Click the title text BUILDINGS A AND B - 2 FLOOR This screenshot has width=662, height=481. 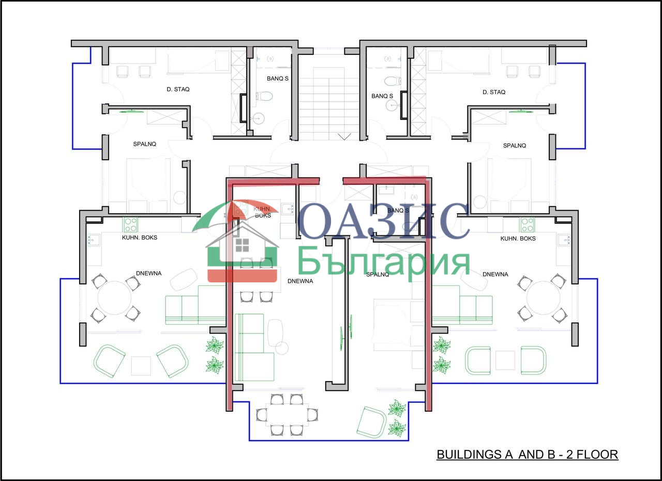tap(527, 455)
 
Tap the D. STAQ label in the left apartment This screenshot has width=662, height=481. tap(178, 89)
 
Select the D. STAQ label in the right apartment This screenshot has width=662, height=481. tap(494, 92)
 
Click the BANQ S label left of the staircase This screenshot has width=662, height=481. tap(278, 79)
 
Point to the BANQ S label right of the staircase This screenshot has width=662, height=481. tap(382, 96)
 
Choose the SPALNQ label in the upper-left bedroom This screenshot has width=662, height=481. tap(144, 144)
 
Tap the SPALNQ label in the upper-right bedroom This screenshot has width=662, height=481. tap(515, 146)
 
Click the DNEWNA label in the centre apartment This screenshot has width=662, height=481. tap(300, 281)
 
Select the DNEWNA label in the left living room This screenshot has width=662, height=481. tap(148, 273)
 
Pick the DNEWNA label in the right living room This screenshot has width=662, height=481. tap(495, 274)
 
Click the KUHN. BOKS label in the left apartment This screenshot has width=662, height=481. tap(140, 237)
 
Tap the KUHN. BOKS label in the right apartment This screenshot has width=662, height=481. tap(518, 238)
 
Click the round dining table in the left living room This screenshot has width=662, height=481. tap(114, 298)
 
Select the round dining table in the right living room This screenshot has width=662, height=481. tap(543, 298)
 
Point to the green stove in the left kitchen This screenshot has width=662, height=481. tap(130, 224)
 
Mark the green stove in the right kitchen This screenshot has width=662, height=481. tap(527, 224)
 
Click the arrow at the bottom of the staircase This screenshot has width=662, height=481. tap(344, 137)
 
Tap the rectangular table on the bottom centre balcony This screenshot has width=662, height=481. tap(287, 415)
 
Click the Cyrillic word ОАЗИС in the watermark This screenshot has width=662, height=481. tap(384, 221)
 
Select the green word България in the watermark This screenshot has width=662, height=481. tap(384, 263)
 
